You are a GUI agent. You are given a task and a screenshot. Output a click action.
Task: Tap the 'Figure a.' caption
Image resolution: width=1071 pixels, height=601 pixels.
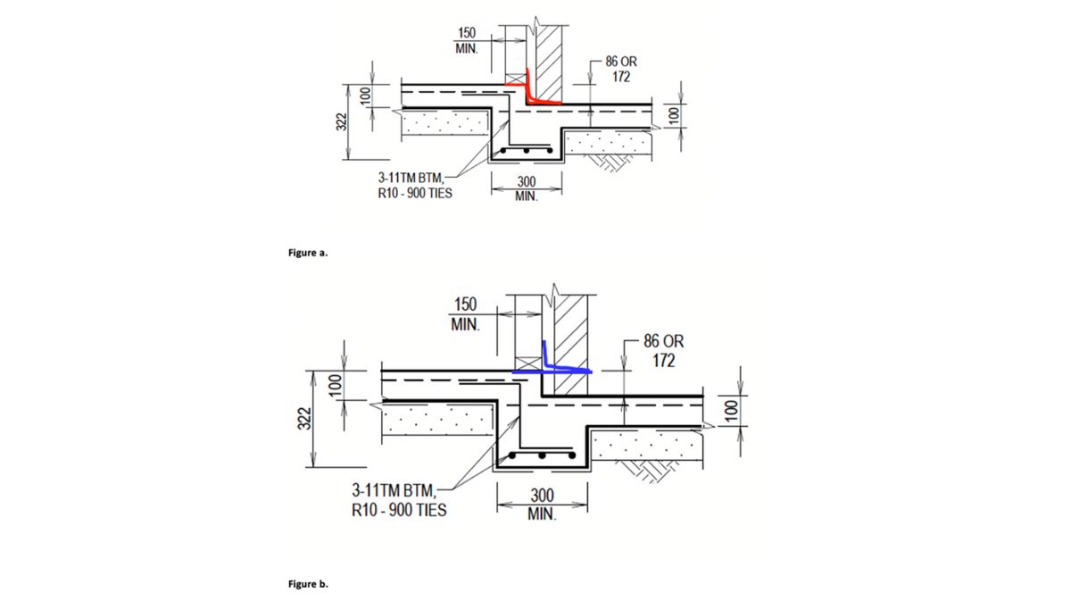307,253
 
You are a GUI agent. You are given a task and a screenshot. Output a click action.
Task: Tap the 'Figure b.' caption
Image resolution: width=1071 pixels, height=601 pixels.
308,584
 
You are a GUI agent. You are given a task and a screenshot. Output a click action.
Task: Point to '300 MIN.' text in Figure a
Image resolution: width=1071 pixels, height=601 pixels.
527,189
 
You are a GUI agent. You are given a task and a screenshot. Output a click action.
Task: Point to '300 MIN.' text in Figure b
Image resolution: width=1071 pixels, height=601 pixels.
542,505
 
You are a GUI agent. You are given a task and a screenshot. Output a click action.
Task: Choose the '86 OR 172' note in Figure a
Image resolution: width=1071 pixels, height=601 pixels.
621,70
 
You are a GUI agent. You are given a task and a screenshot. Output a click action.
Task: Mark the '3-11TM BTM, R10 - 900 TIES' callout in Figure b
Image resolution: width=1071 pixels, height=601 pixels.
398,501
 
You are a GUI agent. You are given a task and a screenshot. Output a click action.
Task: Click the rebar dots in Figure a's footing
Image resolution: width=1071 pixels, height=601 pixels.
527,150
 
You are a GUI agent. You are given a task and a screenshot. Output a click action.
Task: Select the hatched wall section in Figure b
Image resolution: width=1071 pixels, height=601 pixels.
570,344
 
